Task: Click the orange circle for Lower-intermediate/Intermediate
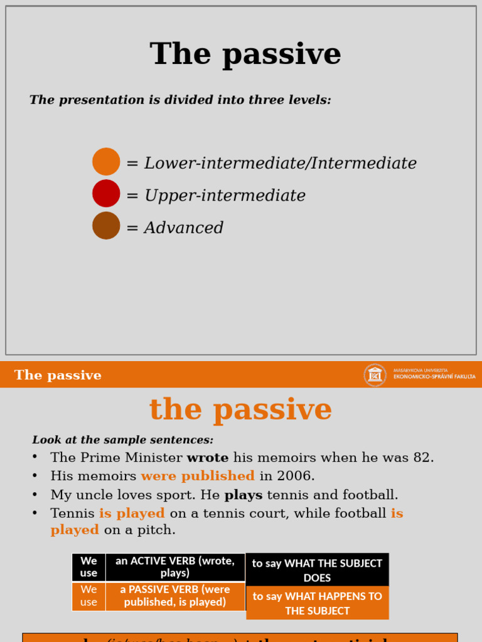[106, 162]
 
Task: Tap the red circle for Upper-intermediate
[106, 194]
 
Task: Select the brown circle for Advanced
[106, 226]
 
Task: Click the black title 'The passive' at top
[245, 54]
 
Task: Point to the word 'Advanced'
[184, 228]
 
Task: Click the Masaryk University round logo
[375, 375]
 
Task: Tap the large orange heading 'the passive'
[240, 409]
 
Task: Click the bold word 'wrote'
[208, 458]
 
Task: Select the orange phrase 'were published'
[198, 476]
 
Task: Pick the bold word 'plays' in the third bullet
[244, 495]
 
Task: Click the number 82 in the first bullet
[423, 458]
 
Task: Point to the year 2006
[295, 476]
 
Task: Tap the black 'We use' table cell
[88, 567]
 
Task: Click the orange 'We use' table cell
[88, 596]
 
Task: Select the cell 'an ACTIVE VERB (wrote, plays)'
[175, 567]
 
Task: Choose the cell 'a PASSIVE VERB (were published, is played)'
[175, 596]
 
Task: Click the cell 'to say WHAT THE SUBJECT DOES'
[317, 570]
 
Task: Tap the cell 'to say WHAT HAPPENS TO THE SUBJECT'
[317, 603]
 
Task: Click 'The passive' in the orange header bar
[58, 376]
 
